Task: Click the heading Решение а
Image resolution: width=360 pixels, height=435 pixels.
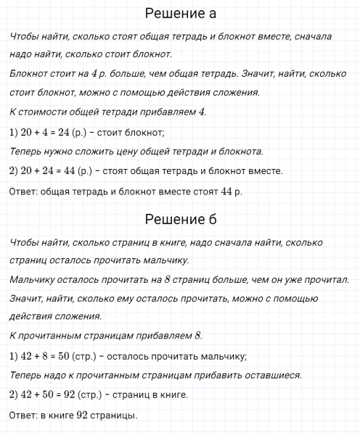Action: coord(180,14)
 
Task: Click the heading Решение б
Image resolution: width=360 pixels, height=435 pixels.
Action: coord(180,220)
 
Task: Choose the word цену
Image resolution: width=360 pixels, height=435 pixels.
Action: coord(138,152)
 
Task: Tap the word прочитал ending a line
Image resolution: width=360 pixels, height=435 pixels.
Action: coord(324,280)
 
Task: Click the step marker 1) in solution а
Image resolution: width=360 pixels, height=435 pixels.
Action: coord(15,132)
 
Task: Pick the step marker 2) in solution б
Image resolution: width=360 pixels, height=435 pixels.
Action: coord(15,395)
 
